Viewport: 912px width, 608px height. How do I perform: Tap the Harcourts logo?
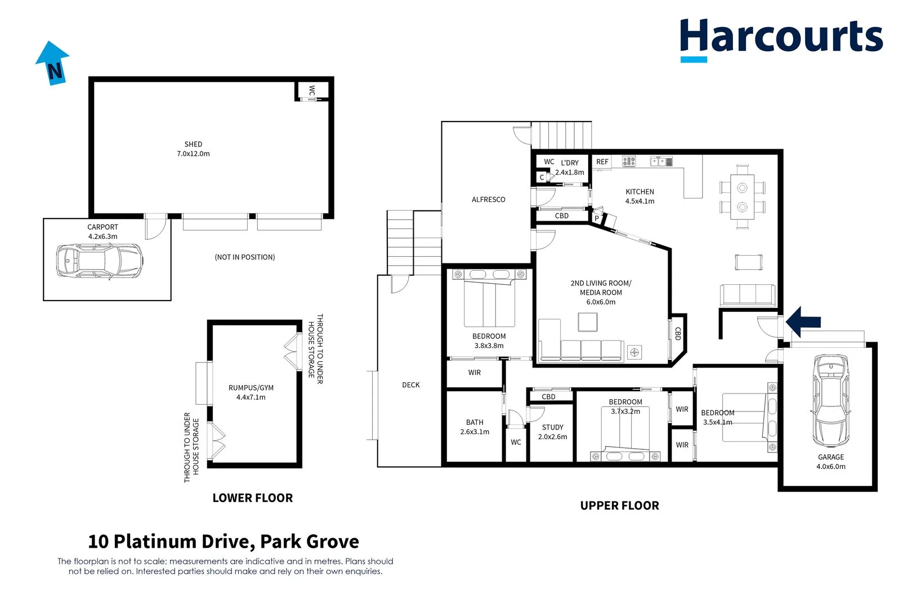pos(781,38)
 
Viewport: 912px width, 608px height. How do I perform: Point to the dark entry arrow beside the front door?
pos(803,322)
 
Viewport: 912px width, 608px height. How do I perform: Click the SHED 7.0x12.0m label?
pos(193,149)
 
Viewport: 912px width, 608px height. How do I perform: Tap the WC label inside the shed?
pos(312,91)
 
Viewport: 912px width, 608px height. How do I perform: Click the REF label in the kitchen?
pos(602,162)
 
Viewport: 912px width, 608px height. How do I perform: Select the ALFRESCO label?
pos(488,200)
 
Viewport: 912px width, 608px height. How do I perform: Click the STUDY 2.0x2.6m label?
pos(552,432)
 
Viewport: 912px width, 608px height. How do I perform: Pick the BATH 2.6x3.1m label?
pos(475,427)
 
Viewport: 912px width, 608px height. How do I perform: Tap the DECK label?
pos(410,385)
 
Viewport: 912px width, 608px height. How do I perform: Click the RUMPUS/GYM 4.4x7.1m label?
pos(251,392)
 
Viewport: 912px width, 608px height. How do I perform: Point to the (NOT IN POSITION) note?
pos(244,257)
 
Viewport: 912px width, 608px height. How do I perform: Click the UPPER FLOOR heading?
pos(619,506)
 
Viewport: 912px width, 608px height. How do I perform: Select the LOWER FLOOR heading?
pos(253,498)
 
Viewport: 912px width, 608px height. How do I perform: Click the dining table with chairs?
pos(742,196)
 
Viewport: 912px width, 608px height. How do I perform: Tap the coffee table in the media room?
pos(588,322)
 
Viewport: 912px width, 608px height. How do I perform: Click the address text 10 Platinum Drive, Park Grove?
pos(223,542)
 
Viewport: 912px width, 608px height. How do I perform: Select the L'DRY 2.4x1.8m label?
pos(570,168)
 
